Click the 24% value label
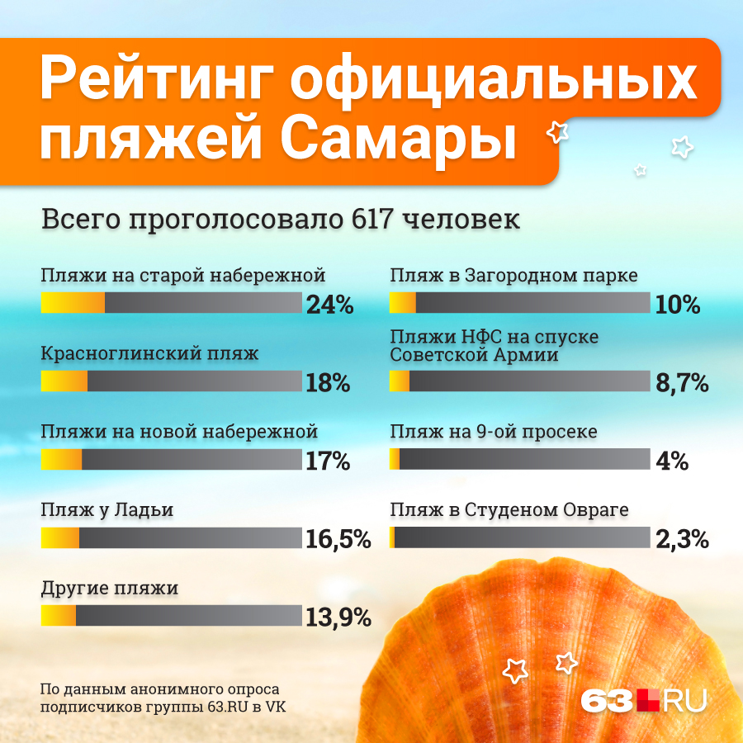coord(329,305)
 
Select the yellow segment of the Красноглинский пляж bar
coord(64,381)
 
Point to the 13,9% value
coord(338,617)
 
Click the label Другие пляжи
coord(110,589)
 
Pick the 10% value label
coord(678,305)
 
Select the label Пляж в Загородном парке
coord(513,275)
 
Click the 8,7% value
coord(681,383)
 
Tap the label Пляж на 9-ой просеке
coord(494,432)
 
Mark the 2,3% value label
coord(682,539)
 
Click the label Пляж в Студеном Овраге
coord(509,510)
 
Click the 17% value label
coord(328,461)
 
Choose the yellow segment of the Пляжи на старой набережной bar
coord(73,302)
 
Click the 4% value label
coord(672,461)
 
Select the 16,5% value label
coord(338,539)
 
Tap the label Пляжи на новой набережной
coord(179,432)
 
